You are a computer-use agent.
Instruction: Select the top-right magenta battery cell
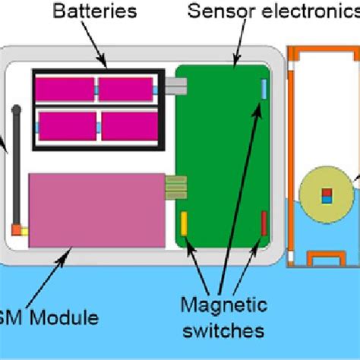125,90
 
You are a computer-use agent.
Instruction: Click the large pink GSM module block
97,210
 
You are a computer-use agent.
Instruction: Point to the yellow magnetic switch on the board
183,224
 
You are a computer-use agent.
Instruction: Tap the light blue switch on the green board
264,88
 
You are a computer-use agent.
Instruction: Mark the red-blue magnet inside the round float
327,196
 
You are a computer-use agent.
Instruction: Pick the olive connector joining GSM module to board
176,186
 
